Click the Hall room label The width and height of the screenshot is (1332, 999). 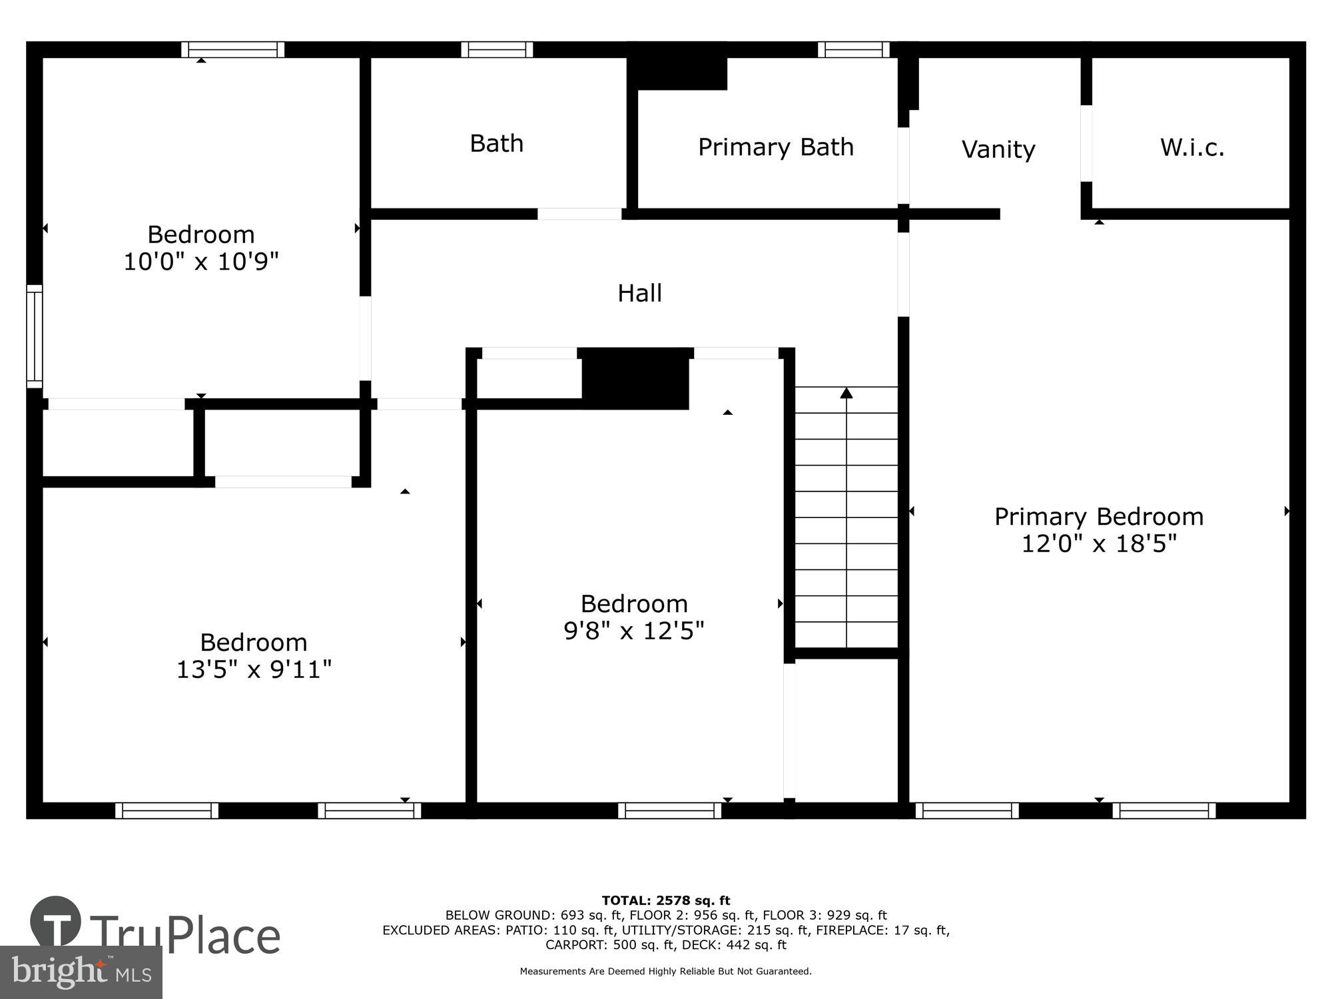pyautogui.click(x=639, y=293)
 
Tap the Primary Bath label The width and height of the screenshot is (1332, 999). pyautogui.click(x=775, y=147)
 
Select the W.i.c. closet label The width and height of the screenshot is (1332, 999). pyautogui.click(x=1191, y=147)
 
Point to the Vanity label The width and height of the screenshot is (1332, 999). pyautogui.click(x=998, y=149)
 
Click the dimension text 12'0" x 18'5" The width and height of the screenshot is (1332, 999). pyautogui.click(x=1099, y=544)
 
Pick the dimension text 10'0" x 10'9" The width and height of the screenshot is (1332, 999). pyautogui.click(x=200, y=262)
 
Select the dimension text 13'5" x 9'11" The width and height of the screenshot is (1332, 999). pyautogui.click(x=253, y=669)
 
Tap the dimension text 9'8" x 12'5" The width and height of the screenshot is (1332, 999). pyautogui.click(x=633, y=631)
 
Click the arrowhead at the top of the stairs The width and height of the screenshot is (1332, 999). pyautogui.click(x=846, y=393)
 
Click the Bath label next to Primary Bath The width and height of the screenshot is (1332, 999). pyautogui.click(x=496, y=144)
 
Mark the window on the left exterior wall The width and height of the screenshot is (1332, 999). pyautogui.click(x=34, y=336)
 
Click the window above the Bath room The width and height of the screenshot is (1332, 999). pyautogui.click(x=497, y=49)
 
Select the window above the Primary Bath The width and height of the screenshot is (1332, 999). pyautogui.click(x=853, y=49)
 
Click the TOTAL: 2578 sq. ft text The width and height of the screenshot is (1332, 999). pyautogui.click(x=665, y=901)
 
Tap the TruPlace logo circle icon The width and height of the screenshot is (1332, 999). pyautogui.click(x=56, y=922)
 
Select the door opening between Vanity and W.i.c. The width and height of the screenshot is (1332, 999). pyautogui.click(x=1086, y=143)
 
